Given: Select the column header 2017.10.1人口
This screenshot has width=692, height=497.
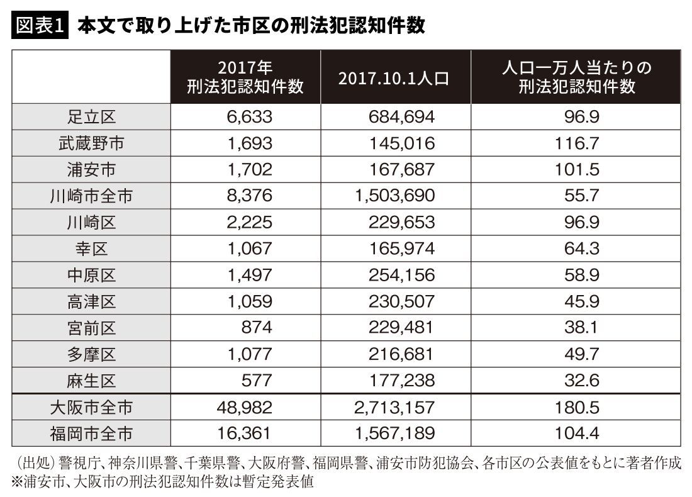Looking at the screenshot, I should point(394,79).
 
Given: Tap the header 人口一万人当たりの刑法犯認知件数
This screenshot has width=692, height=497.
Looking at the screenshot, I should point(576,77).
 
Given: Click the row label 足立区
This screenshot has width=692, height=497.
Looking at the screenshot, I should point(91,117).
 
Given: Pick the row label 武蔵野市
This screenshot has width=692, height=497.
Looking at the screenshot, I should point(91,143).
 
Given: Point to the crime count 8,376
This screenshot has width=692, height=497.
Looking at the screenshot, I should point(249,196).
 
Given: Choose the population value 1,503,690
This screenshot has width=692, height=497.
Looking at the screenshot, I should point(394,196).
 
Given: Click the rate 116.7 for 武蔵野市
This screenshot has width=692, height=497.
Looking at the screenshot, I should point(577,143).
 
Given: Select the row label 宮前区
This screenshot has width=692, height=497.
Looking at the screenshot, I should point(91,328).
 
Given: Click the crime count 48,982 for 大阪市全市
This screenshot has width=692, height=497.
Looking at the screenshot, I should point(245,407).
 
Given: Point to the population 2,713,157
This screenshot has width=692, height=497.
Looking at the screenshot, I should point(394,407).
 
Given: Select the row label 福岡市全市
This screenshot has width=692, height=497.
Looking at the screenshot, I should point(91,433).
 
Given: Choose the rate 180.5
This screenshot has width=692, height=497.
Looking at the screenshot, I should point(577,407).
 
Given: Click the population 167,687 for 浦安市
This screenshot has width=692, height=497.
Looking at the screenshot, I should point(401,170).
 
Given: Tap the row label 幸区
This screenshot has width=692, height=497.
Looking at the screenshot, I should point(91,248).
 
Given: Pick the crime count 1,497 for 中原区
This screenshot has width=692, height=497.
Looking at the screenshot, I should point(249,275).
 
